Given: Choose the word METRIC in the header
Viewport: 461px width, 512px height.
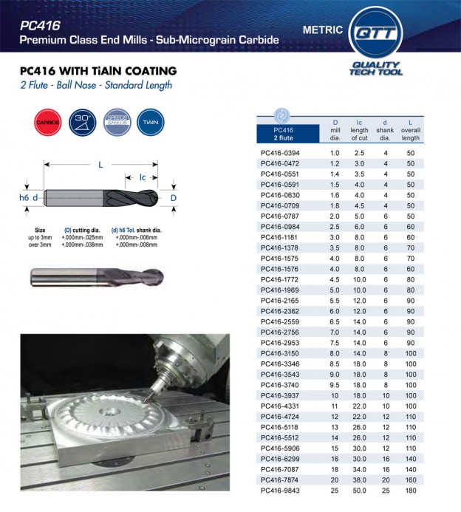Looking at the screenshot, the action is tap(322, 30).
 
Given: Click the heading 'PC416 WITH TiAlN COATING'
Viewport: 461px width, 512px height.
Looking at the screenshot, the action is tap(98, 72).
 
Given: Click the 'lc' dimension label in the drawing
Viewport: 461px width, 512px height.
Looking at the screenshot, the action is tap(143, 177).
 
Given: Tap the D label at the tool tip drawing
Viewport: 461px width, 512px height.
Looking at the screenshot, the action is tap(174, 198).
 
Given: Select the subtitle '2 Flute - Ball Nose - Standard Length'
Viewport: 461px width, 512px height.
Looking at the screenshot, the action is tap(96, 85).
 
